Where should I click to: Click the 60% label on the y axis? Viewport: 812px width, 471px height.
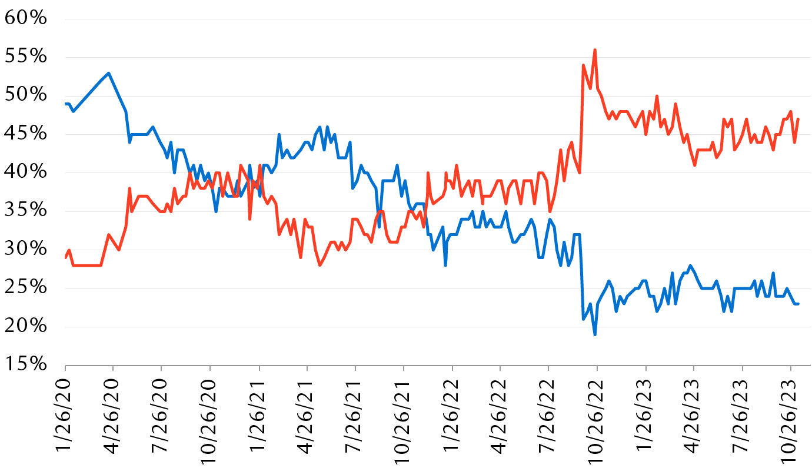coord(25,18)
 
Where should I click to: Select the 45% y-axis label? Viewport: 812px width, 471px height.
coord(25,134)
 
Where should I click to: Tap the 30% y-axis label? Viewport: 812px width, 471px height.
coord(25,250)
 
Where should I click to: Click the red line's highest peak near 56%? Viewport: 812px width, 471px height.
coord(595,50)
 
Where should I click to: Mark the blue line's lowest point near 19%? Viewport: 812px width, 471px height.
coord(595,334)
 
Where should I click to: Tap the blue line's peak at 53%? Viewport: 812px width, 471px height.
coord(109,73)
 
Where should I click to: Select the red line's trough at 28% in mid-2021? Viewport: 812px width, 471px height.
coord(320,265)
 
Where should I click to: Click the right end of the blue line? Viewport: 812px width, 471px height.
coord(798,304)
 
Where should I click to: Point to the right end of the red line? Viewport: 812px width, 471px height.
coord(798,120)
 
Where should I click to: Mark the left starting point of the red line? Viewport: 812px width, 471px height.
coord(65,257)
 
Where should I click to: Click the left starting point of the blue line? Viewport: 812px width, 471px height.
coord(65,104)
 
